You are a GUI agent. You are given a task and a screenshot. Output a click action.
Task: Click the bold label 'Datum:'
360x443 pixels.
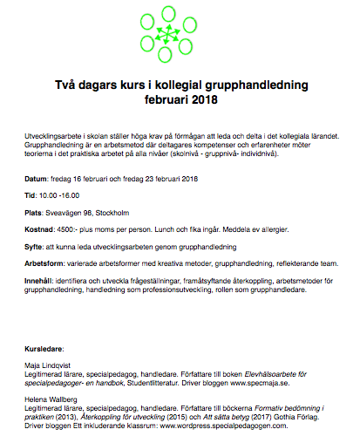(x=40, y=179)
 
